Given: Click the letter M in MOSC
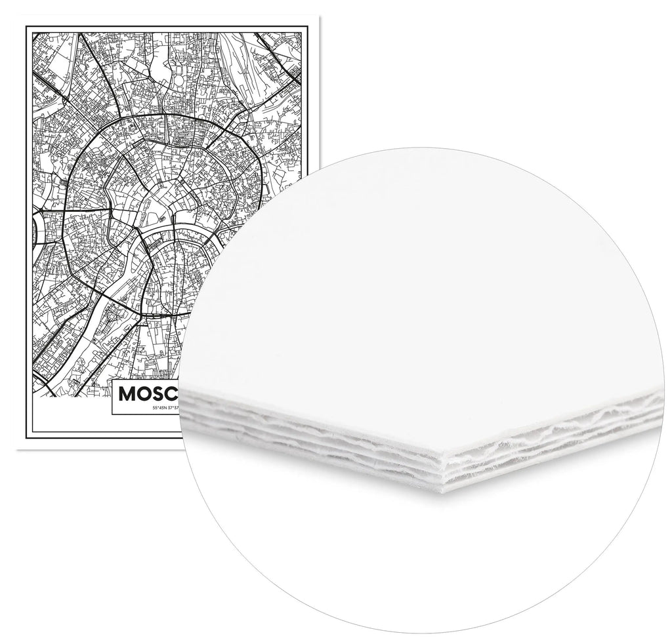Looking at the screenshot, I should [127, 393].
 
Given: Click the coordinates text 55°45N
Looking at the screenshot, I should [160, 408].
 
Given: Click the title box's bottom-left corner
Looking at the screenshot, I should [112, 414].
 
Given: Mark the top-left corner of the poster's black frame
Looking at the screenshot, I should [26, 26].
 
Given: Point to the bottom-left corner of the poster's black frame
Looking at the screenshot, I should [26, 437].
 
